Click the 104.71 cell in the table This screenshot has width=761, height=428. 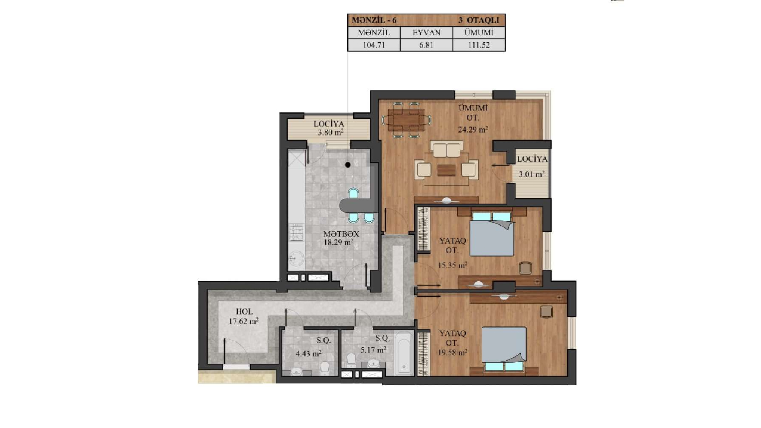click(x=374, y=45)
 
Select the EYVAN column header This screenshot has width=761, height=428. click(x=426, y=33)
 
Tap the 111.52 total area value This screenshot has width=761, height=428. click(x=479, y=45)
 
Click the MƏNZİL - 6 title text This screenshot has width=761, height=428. click(x=374, y=20)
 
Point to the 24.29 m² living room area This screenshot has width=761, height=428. click(x=473, y=130)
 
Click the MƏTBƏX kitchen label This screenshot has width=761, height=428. click(x=341, y=234)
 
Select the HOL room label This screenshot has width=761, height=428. click(x=244, y=311)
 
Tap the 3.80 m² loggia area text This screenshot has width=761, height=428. click(x=330, y=132)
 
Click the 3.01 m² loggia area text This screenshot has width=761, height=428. click(x=532, y=175)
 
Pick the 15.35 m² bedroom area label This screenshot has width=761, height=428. click(x=452, y=265)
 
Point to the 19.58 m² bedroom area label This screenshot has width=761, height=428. click(x=452, y=353)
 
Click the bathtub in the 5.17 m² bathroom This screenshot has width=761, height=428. click(x=404, y=353)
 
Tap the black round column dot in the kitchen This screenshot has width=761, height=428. click(x=348, y=165)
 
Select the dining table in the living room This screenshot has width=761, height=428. click(x=406, y=119)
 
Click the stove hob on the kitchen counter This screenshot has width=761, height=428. click(x=296, y=232)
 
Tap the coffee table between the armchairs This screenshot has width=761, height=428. click(x=446, y=170)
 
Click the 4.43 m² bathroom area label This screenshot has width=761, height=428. click(x=309, y=354)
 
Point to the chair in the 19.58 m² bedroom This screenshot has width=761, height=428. click(x=546, y=311)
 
